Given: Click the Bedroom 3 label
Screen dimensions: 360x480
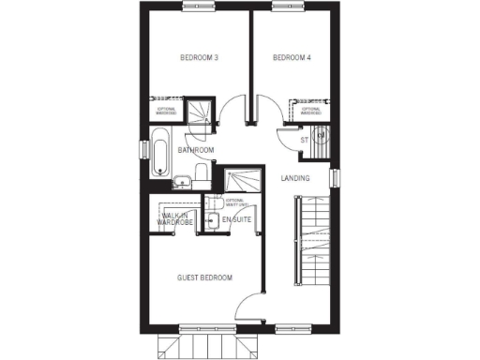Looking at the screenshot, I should (199, 58).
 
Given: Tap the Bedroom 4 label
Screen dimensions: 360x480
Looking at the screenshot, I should (291, 58).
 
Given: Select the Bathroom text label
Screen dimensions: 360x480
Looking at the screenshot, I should (197, 150).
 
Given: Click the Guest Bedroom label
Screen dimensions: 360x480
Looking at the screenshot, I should (205, 277).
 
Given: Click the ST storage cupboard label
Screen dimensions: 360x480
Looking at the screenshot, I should (304, 141).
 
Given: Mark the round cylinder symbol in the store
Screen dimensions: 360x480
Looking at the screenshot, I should (321, 137).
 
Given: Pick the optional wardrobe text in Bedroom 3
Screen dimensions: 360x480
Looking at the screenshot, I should (167, 110).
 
